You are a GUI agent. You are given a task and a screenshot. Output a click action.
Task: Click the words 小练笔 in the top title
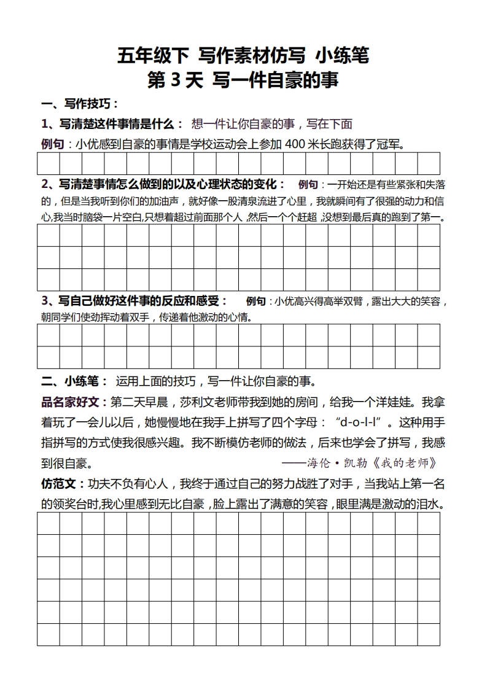coord(343,56)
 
